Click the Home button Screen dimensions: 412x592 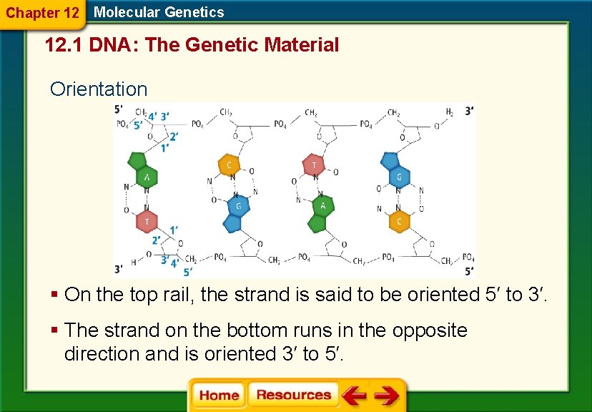(x=219, y=395)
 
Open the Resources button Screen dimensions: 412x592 (x=293, y=395)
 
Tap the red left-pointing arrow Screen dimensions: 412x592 (x=354, y=395)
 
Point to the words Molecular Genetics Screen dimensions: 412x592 (x=159, y=12)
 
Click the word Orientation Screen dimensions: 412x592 (x=99, y=89)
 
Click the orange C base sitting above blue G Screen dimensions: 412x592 (x=229, y=165)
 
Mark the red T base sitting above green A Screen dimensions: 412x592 (x=314, y=165)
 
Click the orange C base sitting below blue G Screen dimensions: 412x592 (x=399, y=221)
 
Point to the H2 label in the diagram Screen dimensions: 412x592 (x=450, y=112)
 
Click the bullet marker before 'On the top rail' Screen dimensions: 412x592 (x=54, y=295)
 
